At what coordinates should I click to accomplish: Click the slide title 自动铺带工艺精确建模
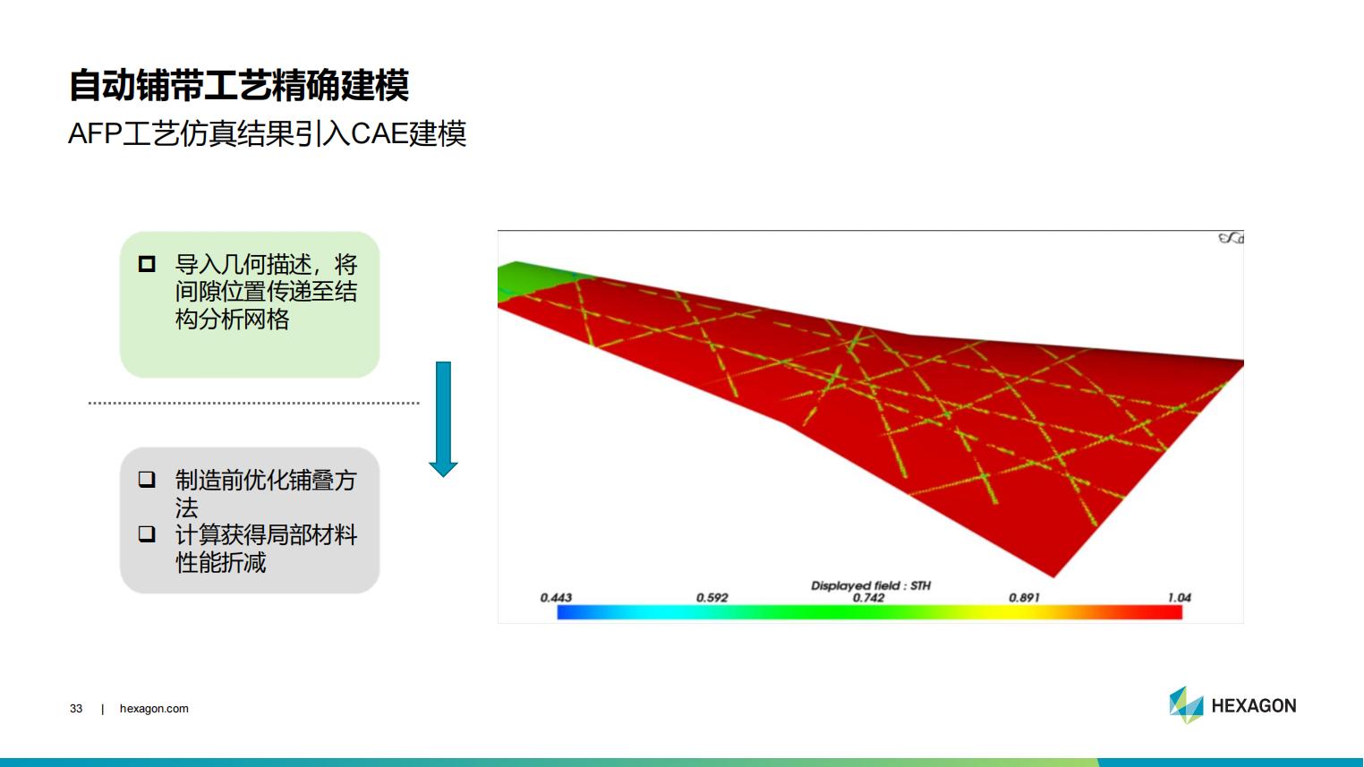click(239, 85)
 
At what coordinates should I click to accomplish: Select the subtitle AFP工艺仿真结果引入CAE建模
click(268, 133)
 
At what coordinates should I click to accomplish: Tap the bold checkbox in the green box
click(147, 264)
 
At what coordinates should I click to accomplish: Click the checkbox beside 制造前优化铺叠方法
click(147, 480)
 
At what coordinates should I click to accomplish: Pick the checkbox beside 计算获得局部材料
click(147, 533)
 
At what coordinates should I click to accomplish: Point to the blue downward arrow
click(443, 419)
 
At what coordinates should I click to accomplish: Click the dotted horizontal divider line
click(254, 403)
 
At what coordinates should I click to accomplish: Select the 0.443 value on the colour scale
click(556, 598)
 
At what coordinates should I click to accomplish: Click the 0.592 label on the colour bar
click(712, 598)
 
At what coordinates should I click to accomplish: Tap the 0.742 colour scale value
click(868, 598)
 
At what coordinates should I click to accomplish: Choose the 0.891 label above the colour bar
click(1024, 598)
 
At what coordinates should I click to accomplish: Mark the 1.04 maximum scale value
click(1179, 598)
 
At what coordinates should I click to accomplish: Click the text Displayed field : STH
click(871, 585)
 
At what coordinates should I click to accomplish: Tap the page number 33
click(76, 709)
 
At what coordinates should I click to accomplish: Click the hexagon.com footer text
click(154, 709)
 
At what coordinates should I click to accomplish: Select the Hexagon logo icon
click(1186, 705)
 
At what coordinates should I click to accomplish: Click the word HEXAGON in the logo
click(1254, 705)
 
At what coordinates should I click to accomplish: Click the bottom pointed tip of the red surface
click(1053, 576)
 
